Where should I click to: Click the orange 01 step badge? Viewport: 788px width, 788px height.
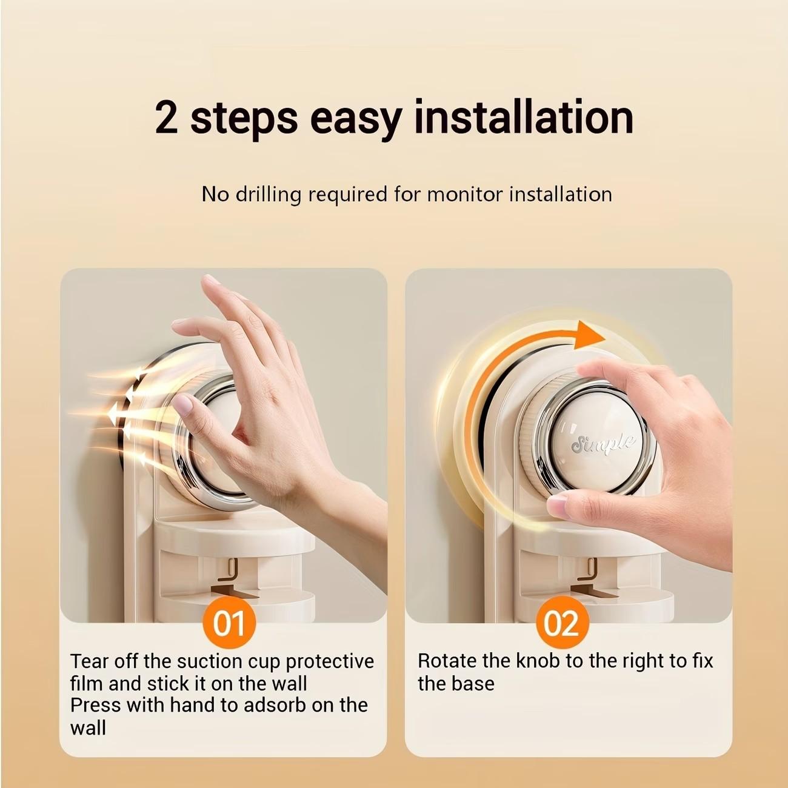pyautogui.click(x=229, y=623)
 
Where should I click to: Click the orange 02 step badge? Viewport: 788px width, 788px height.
pyautogui.click(x=562, y=623)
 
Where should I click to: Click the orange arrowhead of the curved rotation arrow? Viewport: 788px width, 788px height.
pyautogui.click(x=589, y=335)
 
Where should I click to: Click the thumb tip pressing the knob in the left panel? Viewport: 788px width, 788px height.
pyautogui.click(x=183, y=404)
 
